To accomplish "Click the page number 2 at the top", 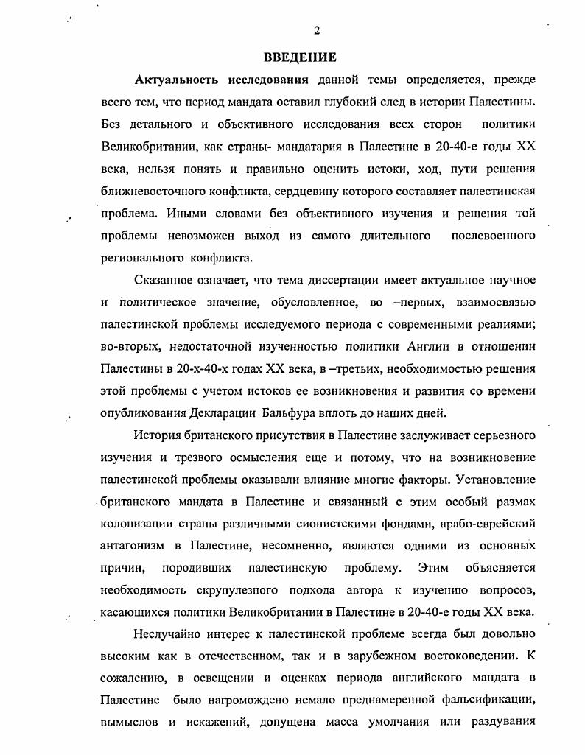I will coord(317,30).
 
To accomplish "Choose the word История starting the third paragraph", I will coord(159,435).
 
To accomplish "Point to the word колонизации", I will coord(136,524).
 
